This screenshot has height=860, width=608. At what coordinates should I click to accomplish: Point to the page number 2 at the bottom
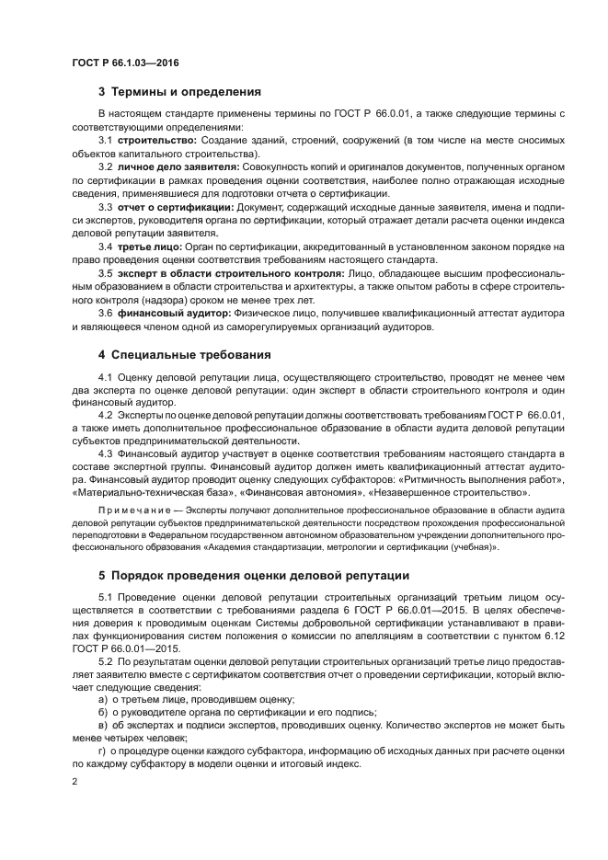click(x=75, y=782)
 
